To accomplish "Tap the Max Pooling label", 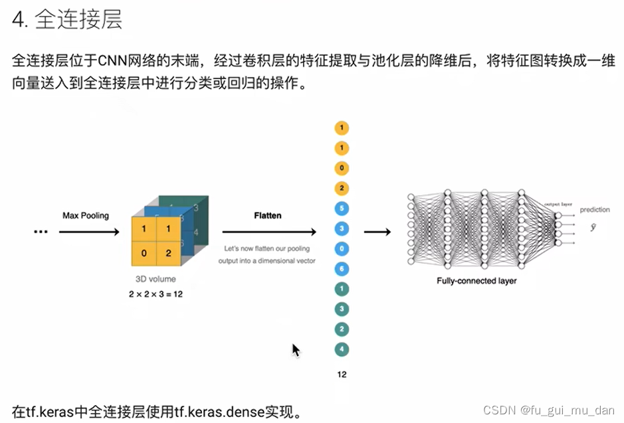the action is click(x=86, y=215).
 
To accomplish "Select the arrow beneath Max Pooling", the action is click(x=89, y=232).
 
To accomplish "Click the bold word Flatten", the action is click(x=267, y=215).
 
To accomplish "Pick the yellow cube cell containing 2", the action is click(x=169, y=253).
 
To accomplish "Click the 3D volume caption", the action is click(x=155, y=280).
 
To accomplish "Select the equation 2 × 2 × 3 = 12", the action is click(x=156, y=294).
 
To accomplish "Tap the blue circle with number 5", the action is click(x=342, y=209).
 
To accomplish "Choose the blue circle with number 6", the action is click(x=342, y=269).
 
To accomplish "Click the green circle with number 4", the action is click(x=342, y=349).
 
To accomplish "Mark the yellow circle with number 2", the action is click(x=342, y=189).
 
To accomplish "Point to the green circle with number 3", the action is click(x=342, y=309).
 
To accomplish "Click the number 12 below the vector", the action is click(x=342, y=375).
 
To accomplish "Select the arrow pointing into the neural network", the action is click(x=377, y=232).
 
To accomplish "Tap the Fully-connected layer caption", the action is click(x=476, y=281).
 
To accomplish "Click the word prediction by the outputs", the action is click(x=594, y=210).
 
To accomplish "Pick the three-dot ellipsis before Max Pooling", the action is click(x=41, y=232).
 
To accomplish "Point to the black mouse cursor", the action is click(x=296, y=350).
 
